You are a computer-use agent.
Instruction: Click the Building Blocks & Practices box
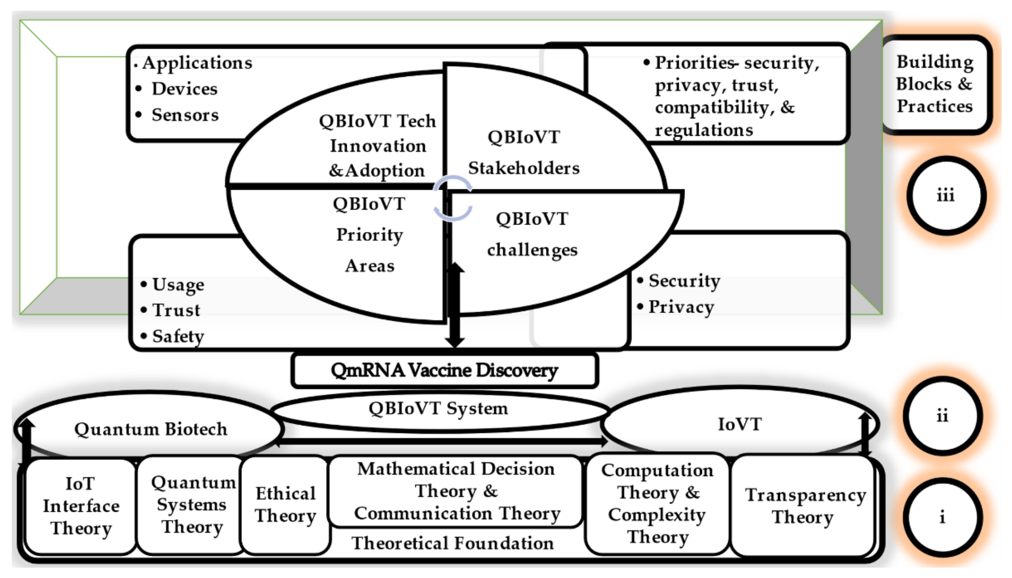click(935, 84)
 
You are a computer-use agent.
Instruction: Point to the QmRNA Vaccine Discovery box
click(444, 370)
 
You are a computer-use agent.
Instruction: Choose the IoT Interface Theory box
click(81, 506)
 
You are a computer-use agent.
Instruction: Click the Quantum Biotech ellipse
click(151, 429)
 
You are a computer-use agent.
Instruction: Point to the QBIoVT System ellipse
click(438, 409)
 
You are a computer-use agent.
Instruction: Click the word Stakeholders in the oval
click(524, 168)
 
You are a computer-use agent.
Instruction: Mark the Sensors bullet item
click(185, 115)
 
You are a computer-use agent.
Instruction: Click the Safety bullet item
click(178, 337)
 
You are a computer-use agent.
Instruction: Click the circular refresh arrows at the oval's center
click(453, 198)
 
